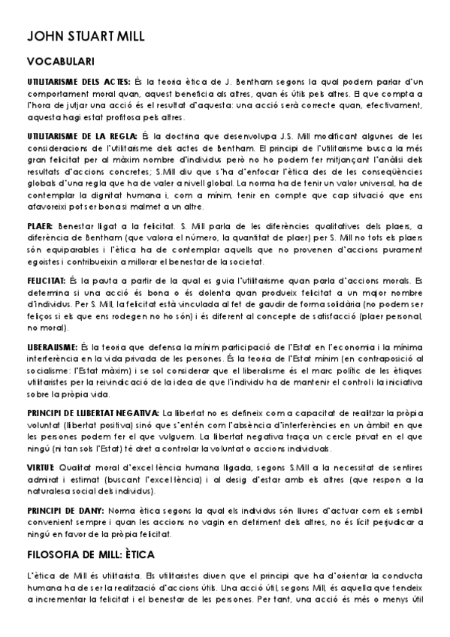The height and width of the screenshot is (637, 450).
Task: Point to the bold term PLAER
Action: pos(39,226)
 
